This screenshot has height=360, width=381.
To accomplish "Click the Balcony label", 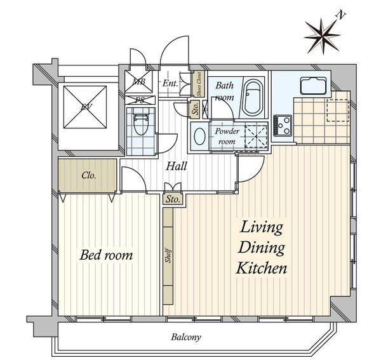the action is (x=186, y=337).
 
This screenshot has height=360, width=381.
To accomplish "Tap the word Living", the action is (x=261, y=227).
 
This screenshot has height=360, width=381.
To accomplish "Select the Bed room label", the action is (x=107, y=255).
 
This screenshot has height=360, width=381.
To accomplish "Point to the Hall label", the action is (x=177, y=166).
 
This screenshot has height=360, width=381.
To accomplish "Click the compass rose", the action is (x=322, y=36).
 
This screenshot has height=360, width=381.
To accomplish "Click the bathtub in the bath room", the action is (x=253, y=97).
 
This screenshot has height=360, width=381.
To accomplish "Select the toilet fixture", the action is (x=141, y=121).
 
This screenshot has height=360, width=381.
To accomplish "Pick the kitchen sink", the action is (x=313, y=86).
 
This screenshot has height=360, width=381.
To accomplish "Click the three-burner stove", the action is (x=283, y=125).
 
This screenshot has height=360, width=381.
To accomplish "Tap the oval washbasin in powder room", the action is (x=200, y=137).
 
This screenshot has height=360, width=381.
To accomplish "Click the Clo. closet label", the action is (x=89, y=175).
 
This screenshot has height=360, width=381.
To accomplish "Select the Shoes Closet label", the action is (x=199, y=84).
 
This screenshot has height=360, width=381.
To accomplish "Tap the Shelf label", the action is (x=168, y=255).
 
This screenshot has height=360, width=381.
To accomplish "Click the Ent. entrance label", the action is (x=170, y=84).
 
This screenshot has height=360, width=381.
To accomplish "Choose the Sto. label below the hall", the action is (x=173, y=199).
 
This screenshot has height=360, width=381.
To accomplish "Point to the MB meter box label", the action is (x=138, y=81).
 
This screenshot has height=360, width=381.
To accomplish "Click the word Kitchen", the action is (x=262, y=268).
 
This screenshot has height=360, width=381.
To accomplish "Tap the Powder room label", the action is (x=227, y=137).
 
